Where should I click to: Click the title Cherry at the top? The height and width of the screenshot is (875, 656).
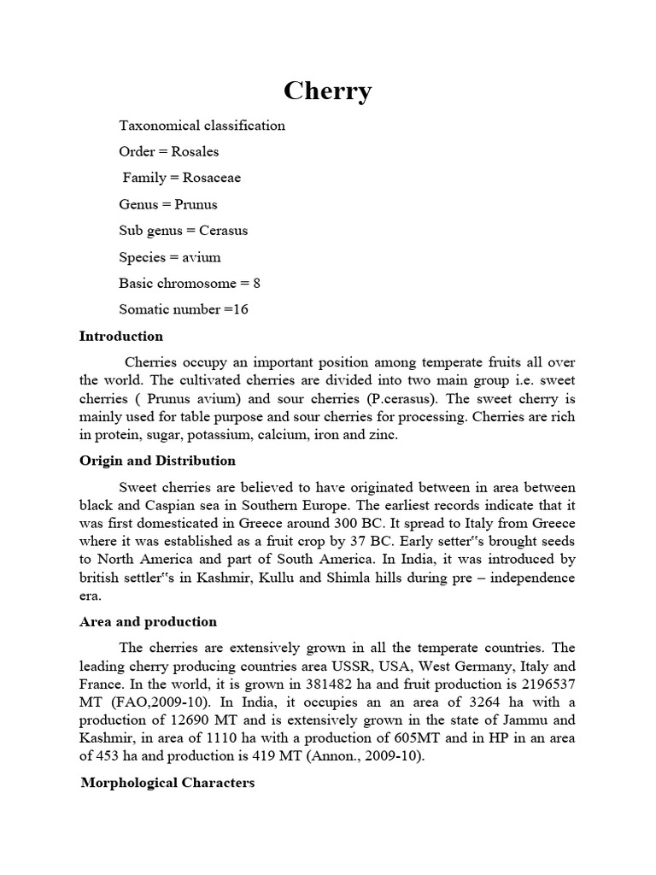click(x=327, y=91)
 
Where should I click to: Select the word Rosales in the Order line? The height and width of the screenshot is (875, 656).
click(x=195, y=151)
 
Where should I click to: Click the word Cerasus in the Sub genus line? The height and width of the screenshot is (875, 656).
click(x=224, y=231)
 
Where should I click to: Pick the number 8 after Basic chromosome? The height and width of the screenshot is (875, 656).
click(x=256, y=283)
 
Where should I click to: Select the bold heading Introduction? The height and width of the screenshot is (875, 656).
click(x=121, y=336)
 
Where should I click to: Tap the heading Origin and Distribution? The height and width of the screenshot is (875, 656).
click(x=157, y=461)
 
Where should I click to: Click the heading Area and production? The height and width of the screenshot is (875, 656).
click(x=148, y=621)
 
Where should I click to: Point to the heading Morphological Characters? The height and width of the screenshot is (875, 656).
click(x=167, y=782)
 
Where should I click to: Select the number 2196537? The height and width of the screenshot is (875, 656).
click(x=542, y=684)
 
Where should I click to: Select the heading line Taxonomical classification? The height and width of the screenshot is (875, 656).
click(x=202, y=126)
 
